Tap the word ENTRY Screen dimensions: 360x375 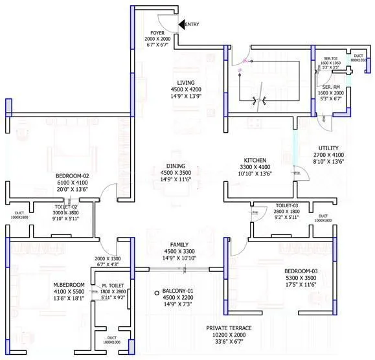tap(193, 24)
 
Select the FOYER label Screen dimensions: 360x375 tap(157, 32)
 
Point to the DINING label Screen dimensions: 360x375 tap(176, 165)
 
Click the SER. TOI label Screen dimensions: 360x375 tap(332, 58)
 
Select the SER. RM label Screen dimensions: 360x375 tap(332, 87)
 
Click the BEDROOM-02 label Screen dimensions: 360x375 tap(72, 175)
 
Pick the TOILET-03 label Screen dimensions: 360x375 tap(286, 205)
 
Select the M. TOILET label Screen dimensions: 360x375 tap(114, 285)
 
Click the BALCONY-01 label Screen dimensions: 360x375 tap(176, 290)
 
